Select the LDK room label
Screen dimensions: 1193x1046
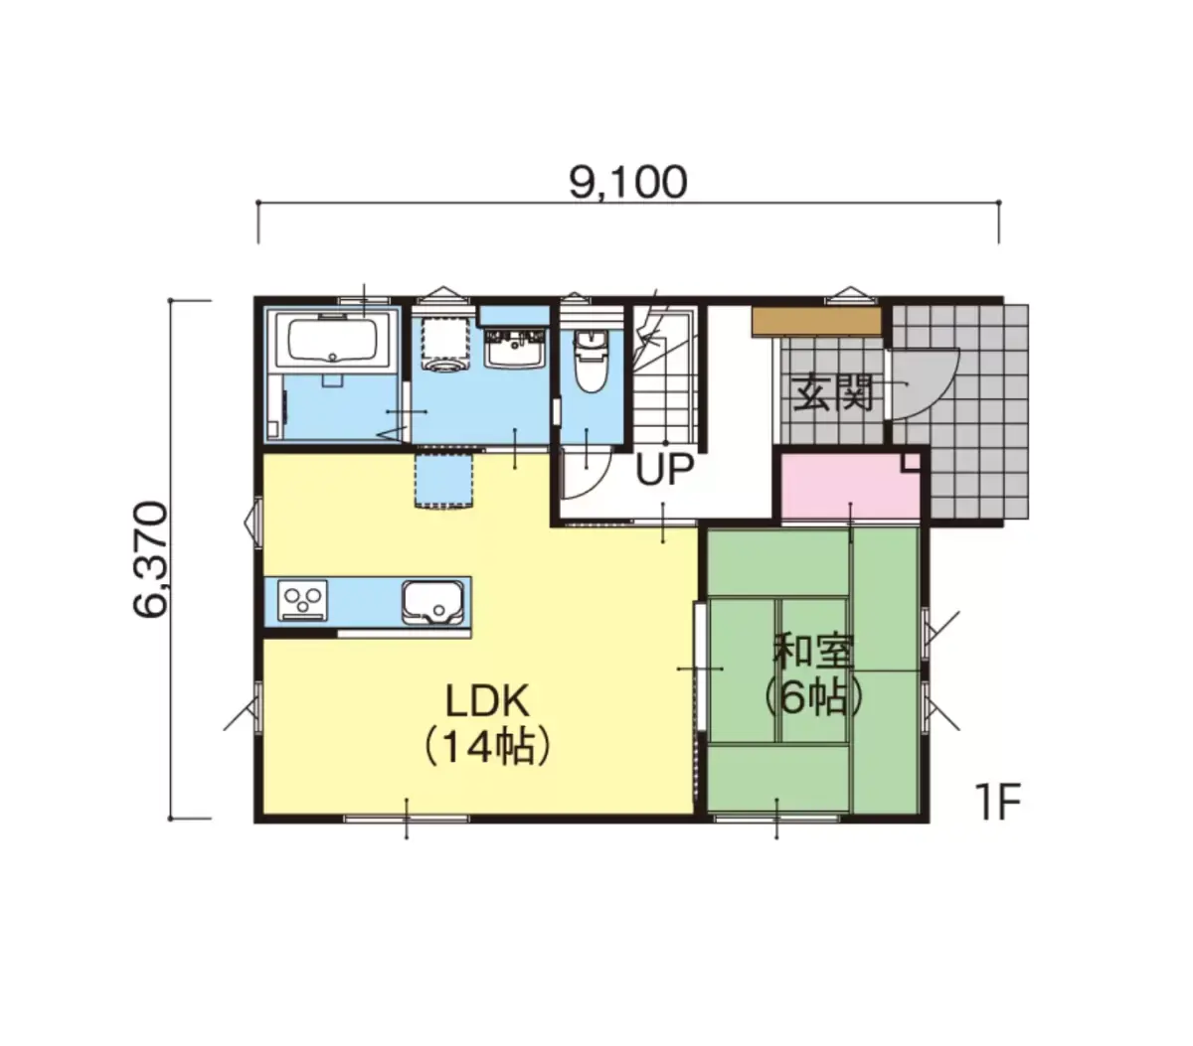pos(487,701)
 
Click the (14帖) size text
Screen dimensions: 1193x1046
pos(487,747)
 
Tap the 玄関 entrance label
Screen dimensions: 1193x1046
pos(831,392)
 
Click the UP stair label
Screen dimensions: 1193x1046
pos(664,469)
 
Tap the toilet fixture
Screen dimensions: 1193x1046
pos(590,361)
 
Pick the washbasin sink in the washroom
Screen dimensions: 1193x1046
pos(515,349)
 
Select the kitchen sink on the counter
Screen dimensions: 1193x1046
pos(432,602)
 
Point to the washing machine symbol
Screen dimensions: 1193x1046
pos(445,342)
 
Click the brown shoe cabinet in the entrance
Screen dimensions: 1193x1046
pos(816,322)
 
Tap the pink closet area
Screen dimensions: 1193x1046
pos(850,487)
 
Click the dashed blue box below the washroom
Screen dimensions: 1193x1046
pos(444,480)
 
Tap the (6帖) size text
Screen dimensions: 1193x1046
pos(813,697)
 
